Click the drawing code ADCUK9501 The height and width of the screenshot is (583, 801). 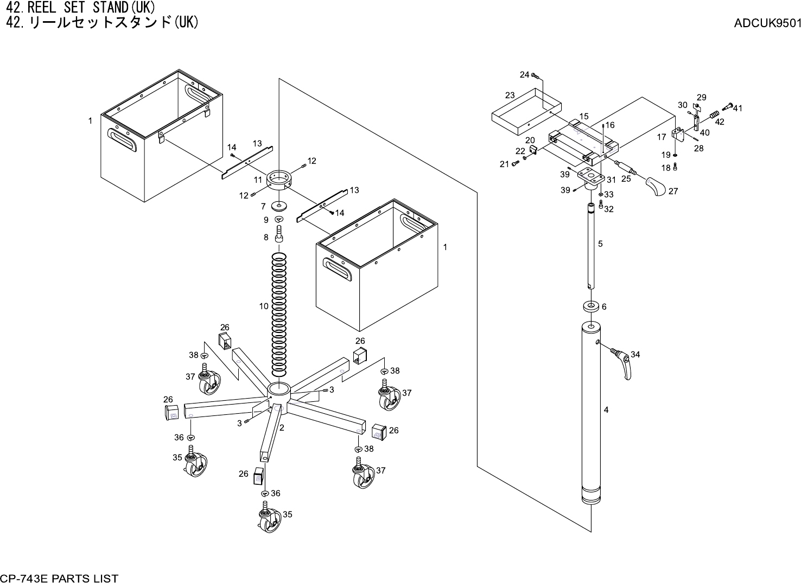(x=767, y=23)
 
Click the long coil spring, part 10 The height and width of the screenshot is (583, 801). (x=280, y=315)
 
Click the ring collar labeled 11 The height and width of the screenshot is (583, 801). (x=279, y=181)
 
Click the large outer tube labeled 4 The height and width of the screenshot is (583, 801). (x=592, y=412)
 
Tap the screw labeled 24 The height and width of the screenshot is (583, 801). (x=535, y=76)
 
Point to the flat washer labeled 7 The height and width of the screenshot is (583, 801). (x=280, y=206)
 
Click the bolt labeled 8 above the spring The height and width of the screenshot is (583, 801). (x=280, y=235)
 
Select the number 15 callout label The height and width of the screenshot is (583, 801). (x=584, y=116)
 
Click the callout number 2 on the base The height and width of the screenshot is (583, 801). (x=282, y=427)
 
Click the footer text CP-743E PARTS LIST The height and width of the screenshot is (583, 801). (x=60, y=578)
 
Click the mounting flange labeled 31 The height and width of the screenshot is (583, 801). (x=591, y=176)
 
